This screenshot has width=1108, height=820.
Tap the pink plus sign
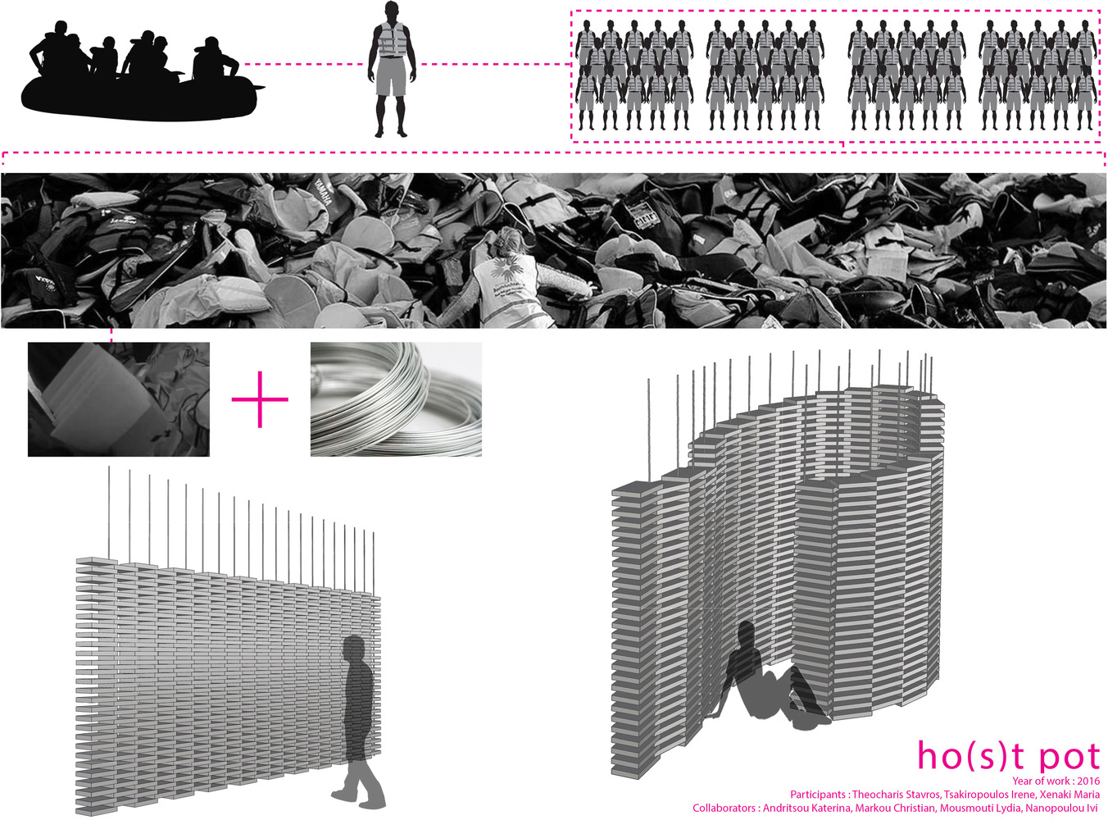click(260, 399)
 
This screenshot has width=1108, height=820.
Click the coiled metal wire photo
click(396, 399)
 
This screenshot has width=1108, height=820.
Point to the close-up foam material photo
click(119, 399)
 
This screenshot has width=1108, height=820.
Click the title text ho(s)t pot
click(1008, 756)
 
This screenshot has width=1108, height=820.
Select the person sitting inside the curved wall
click(766, 676)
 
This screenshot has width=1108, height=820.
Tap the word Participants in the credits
click(818, 795)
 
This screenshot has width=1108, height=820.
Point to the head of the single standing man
click(391, 13)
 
